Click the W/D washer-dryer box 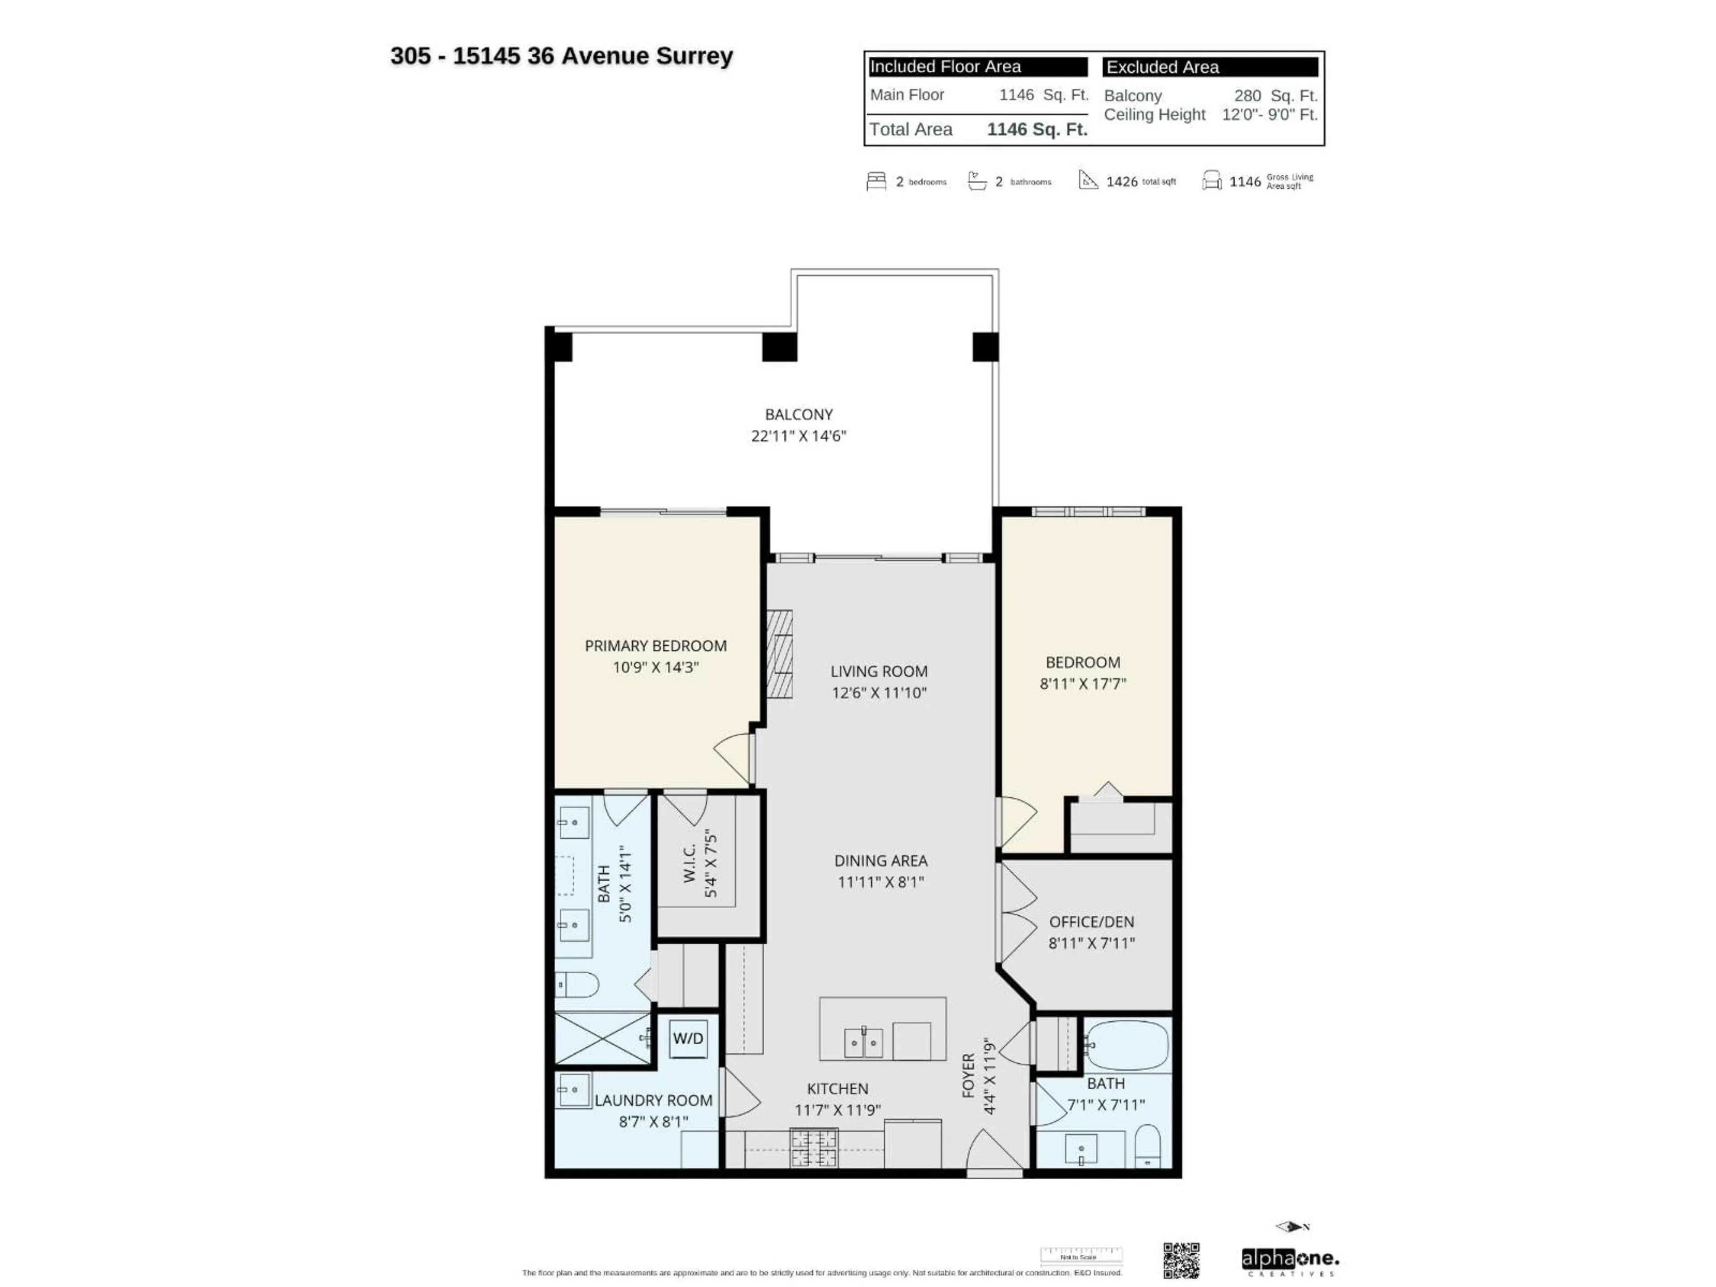pos(688,1039)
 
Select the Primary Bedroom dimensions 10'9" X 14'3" pos(656,667)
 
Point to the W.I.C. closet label pos(690,862)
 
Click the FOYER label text pos(968,1075)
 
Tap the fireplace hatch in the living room pos(780,653)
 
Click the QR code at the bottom pos(1181,1261)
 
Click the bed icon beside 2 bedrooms pos(876,181)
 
